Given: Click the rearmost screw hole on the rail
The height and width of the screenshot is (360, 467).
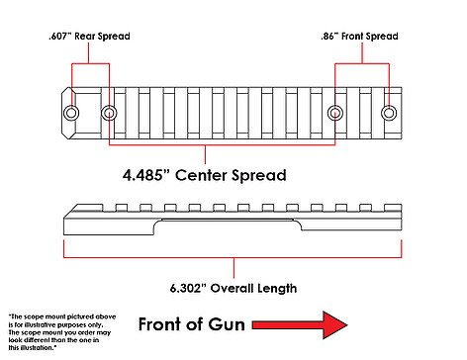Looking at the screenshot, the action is pyautogui.click(x=71, y=113).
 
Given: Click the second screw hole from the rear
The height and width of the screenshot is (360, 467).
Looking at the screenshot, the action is pyautogui.click(x=109, y=113).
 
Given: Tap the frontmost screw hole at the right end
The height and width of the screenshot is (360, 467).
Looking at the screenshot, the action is pyautogui.click(x=389, y=113).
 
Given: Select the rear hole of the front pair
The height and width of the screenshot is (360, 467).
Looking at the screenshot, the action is pyautogui.click(x=335, y=113).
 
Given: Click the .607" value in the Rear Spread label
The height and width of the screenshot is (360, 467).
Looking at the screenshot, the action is pyautogui.click(x=59, y=36).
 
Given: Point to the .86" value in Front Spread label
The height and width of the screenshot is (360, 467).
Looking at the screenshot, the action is pyautogui.click(x=329, y=36).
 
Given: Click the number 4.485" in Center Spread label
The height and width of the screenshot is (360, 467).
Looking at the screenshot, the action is pyautogui.click(x=146, y=175).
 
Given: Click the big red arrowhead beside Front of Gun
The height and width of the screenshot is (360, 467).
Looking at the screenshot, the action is pyautogui.click(x=334, y=324).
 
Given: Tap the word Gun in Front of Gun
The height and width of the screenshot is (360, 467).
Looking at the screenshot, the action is pyautogui.click(x=227, y=324).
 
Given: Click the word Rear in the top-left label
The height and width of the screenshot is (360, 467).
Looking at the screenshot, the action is pyautogui.click(x=85, y=36).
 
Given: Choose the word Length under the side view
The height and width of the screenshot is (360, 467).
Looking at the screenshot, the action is pyautogui.click(x=277, y=289).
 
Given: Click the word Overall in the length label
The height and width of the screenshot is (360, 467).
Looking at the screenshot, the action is pyautogui.click(x=232, y=288).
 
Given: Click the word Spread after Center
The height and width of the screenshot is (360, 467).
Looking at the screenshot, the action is pyautogui.click(x=258, y=176).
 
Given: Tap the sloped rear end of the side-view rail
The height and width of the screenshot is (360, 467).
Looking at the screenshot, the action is pyautogui.click(x=71, y=211).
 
